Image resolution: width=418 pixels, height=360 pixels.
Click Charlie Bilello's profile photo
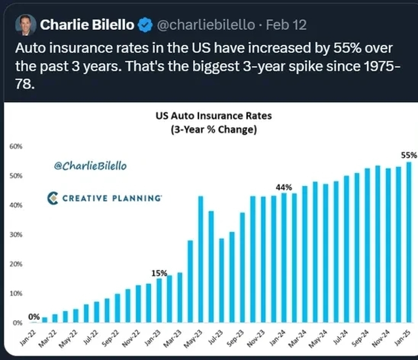[25, 25]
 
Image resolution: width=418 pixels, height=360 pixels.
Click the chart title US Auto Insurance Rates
[213, 116]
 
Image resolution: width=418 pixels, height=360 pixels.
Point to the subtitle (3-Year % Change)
[213, 131]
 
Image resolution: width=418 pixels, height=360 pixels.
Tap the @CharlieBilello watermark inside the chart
[90, 166]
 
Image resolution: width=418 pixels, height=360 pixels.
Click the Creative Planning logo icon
[53, 198]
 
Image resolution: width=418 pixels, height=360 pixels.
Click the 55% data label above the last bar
[409, 155]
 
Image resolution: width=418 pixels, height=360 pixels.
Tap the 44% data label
[284, 188]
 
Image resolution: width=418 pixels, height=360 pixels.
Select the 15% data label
[159, 273]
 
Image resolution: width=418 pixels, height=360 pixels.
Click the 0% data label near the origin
[34, 317]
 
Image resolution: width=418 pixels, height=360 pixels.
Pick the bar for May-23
[201, 259]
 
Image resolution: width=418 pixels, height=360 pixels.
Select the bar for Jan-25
[409, 242]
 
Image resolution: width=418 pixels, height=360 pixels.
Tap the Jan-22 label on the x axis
[29, 338]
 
